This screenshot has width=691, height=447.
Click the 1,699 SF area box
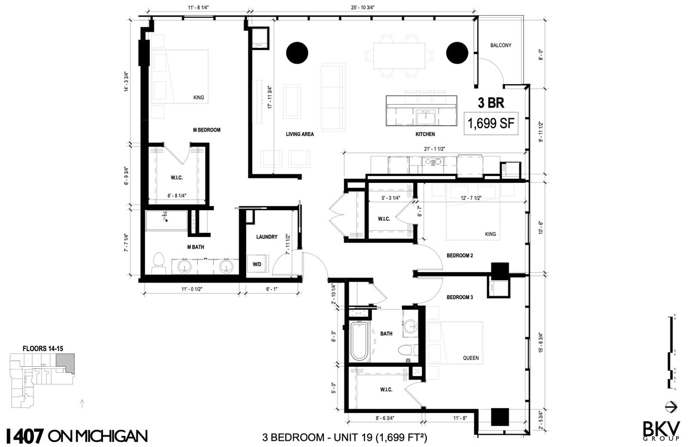pyautogui.click(x=492, y=123)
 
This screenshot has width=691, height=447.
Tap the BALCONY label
pyautogui.click(x=500, y=46)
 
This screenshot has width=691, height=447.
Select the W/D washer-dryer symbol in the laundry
pyautogui.click(x=257, y=264)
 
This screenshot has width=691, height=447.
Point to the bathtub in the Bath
pyautogui.click(x=359, y=341)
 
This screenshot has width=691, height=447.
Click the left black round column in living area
pyautogui.click(x=297, y=53)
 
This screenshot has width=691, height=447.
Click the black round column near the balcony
pyautogui.click(x=457, y=53)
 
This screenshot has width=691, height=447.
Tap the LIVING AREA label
pyautogui.click(x=300, y=134)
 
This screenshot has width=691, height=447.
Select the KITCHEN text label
pyautogui.click(x=425, y=134)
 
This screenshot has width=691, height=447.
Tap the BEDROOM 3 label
pyautogui.click(x=460, y=298)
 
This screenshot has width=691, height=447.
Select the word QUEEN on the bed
pyautogui.click(x=470, y=358)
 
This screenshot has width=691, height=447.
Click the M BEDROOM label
pyautogui.click(x=207, y=130)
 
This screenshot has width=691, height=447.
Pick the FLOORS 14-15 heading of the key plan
pyautogui.click(x=43, y=348)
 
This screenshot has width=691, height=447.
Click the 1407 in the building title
pyautogui.click(x=23, y=435)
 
